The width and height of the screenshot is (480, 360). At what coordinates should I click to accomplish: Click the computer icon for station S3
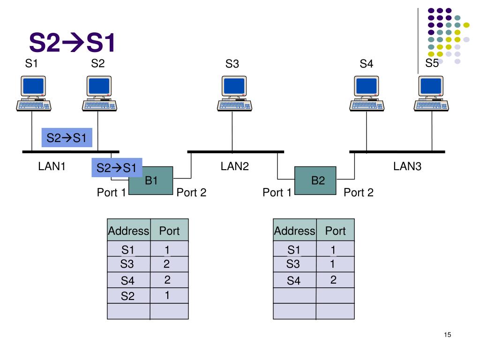[x=234, y=93]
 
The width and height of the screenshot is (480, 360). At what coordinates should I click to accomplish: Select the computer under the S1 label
[x=33, y=93]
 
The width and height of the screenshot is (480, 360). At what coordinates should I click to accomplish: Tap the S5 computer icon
[x=431, y=93]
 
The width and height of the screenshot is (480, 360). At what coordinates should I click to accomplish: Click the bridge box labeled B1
[x=151, y=180]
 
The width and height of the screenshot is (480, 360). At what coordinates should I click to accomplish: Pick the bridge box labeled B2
[x=315, y=180]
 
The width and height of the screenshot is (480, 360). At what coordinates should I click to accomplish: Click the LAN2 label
[x=235, y=166]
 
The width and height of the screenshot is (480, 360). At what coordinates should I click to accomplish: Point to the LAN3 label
[x=407, y=166]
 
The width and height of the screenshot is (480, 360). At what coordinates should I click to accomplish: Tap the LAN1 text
[x=52, y=166]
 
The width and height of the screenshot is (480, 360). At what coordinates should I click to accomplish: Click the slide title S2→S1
[x=72, y=42]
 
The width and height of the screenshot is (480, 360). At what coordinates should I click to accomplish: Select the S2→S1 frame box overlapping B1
[x=117, y=167]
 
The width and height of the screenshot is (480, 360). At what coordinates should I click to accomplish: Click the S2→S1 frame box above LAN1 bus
[x=67, y=137]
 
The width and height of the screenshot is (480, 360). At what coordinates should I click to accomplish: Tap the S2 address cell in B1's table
[x=128, y=295]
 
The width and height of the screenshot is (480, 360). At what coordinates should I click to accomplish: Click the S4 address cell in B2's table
[x=294, y=280]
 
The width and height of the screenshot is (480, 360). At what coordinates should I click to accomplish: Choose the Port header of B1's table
[x=169, y=230]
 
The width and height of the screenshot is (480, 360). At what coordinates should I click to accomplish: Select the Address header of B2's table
[x=294, y=230]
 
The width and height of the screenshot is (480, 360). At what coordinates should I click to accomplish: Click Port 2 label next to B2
[x=359, y=192]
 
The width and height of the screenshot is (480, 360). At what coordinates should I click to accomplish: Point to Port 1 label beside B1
[x=112, y=192]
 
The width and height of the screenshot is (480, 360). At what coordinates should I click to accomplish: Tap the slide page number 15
[x=447, y=335]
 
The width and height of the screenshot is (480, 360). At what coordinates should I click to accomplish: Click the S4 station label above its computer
[x=367, y=64]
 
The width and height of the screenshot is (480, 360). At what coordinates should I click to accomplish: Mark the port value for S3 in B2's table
[x=332, y=264]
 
